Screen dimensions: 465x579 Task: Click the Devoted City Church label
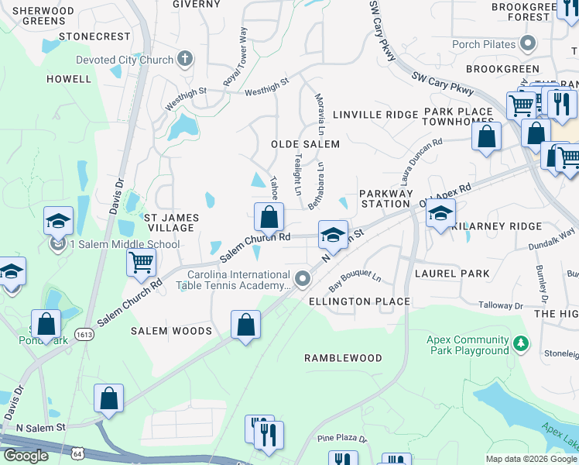pyautogui.click(x=124, y=60)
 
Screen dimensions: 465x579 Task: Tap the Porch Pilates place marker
pyautogui.click(x=529, y=44)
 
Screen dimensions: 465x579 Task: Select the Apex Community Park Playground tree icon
pyautogui.click(x=522, y=342)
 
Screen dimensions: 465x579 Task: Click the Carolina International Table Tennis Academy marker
pyautogui.click(x=303, y=277)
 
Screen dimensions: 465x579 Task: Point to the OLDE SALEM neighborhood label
pyautogui.click(x=305, y=144)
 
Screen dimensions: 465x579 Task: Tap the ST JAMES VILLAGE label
pyautogui.click(x=170, y=222)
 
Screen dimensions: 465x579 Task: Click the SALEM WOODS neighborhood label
pyautogui.click(x=171, y=331)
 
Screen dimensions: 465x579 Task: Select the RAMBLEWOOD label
pyautogui.click(x=343, y=358)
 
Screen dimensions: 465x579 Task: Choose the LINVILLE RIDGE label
pyautogui.click(x=375, y=115)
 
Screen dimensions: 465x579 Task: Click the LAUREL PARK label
pyautogui.click(x=452, y=273)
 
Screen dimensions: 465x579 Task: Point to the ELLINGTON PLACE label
pyautogui.click(x=359, y=301)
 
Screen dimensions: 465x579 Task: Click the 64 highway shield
pyautogui.click(x=77, y=452)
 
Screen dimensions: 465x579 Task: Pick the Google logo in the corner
pyautogui.click(x=25, y=456)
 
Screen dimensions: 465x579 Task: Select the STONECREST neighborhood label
pyautogui.click(x=94, y=36)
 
